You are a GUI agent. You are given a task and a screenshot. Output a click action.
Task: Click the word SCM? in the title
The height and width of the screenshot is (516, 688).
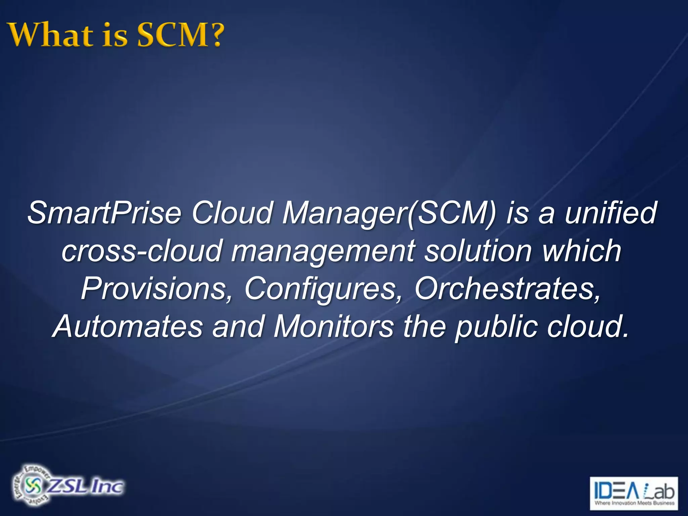(180, 35)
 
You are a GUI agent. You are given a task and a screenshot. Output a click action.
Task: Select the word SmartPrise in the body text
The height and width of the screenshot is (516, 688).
(104, 213)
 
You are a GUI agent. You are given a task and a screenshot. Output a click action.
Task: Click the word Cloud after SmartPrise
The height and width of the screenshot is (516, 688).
(232, 213)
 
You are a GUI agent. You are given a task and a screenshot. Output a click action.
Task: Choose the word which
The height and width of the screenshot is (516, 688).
(582, 251)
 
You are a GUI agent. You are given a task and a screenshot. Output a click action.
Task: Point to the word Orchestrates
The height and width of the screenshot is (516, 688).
(507, 289)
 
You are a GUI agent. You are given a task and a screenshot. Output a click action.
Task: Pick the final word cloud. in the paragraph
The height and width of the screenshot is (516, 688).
(588, 327)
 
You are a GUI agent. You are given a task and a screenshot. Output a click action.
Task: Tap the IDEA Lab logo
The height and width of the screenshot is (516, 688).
(634, 493)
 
